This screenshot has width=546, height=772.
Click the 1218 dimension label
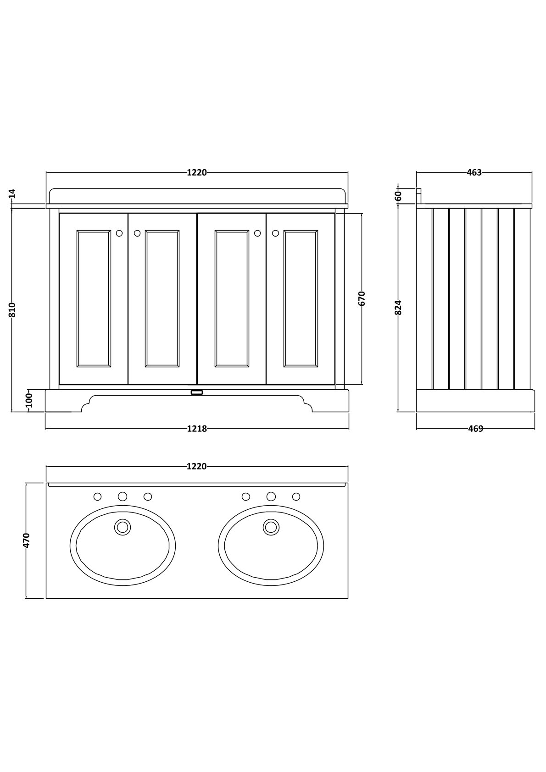197,429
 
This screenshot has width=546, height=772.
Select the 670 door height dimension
362,298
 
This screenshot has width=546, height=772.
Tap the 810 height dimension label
12,309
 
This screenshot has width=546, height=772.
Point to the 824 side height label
398,307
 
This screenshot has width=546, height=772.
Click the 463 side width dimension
474,172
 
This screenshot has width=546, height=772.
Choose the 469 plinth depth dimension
475,429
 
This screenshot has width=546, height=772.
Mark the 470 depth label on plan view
26,540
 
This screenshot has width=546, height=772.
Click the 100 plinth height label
29,400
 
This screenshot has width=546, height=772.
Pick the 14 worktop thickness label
12,193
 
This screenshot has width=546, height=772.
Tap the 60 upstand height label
398,196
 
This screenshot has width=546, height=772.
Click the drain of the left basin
123,527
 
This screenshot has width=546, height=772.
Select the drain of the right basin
271,527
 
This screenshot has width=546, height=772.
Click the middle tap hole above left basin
123,496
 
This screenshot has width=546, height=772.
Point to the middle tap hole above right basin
271,496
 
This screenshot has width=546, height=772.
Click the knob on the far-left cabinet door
119,233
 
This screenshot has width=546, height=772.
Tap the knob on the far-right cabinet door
275,233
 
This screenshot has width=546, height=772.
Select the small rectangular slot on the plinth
197,392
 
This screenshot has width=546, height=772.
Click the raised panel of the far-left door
94,298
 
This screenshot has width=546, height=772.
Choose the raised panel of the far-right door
301,298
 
